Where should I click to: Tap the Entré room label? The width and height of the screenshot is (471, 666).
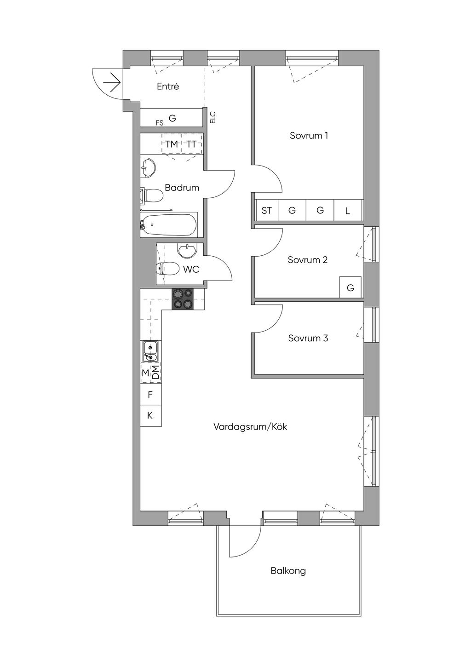click(168, 86)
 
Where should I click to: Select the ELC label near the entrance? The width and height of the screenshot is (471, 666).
click(213, 117)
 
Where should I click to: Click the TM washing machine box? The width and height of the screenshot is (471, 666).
click(172, 144)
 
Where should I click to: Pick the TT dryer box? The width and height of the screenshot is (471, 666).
click(192, 144)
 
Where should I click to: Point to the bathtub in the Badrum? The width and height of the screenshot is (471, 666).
click(168, 224)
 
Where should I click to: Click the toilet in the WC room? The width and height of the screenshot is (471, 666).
click(167, 269)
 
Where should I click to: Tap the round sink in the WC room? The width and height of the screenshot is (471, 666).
click(187, 250)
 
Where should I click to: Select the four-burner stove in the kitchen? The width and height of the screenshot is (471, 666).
click(183, 299)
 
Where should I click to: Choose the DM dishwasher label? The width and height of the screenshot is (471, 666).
click(155, 373)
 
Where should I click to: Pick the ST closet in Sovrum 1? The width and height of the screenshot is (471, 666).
click(267, 211)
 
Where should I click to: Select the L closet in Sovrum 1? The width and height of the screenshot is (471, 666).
click(348, 211)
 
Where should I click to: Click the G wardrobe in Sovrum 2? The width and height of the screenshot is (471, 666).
click(350, 287)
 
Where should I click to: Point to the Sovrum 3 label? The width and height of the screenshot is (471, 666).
click(308, 338)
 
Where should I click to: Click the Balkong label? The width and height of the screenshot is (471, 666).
click(288, 571)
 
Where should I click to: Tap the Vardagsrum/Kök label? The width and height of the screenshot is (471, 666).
click(250, 427)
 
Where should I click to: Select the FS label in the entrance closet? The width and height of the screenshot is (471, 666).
click(160, 123)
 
